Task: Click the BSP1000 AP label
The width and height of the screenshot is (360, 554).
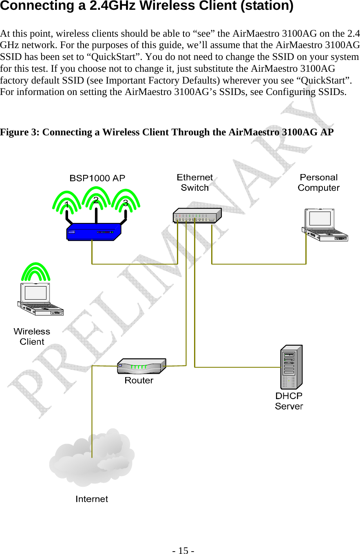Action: (x=97, y=178)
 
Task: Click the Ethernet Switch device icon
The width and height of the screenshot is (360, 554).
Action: (x=197, y=215)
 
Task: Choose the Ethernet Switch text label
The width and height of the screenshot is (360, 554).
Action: (x=195, y=183)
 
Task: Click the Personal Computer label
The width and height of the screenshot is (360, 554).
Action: (x=318, y=183)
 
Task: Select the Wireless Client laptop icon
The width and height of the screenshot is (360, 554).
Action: (x=40, y=300)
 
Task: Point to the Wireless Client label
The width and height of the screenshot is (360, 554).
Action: (x=32, y=337)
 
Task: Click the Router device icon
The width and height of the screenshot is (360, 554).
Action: (x=141, y=366)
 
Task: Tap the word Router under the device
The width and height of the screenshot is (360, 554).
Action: (x=139, y=380)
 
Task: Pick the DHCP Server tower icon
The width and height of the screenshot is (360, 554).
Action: (x=292, y=367)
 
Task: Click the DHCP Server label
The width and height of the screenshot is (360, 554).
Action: (x=289, y=401)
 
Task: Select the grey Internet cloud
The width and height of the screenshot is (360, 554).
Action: (x=92, y=457)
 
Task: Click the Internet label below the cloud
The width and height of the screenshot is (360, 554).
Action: (x=92, y=499)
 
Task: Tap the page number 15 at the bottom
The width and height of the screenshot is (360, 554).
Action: (x=183, y=550)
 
